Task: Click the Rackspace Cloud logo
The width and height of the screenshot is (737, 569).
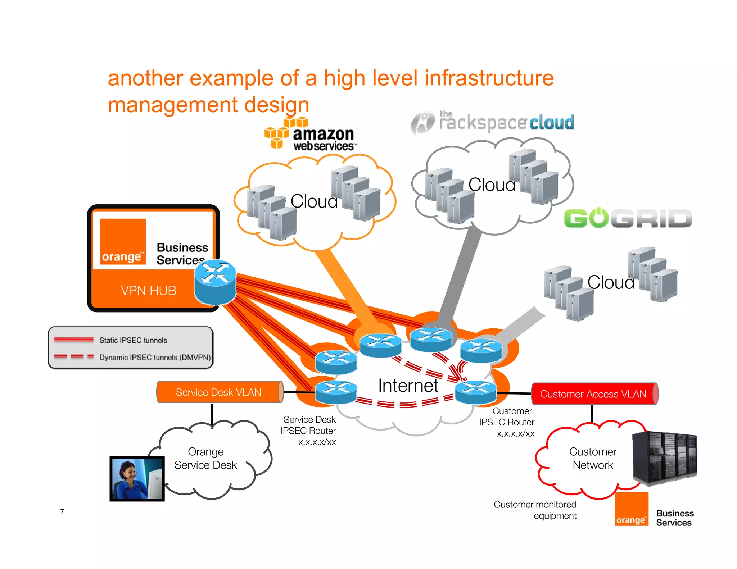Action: [x=492, y=122]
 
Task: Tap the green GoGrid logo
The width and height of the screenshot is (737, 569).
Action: [x=628, y=218]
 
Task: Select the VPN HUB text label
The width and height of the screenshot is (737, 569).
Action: [x=148, y=291]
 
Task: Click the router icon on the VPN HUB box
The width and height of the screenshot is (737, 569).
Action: [x=215, y=282]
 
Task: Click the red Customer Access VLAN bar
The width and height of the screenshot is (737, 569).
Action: [x=594, y=394]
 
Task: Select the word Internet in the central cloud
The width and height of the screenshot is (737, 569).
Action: [x=408, y=386]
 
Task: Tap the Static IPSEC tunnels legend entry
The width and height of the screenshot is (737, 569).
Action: [x=133, y=340]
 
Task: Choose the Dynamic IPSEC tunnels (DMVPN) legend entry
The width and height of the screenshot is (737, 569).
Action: [x=155, y=357]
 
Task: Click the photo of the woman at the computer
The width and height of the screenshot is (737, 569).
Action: [x=137, y=479]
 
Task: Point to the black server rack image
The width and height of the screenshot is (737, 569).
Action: [x=665, y=458]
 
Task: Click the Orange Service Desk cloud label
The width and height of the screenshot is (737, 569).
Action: [x=206, y=458]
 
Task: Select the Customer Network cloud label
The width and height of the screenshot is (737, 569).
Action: [x=593, y=458]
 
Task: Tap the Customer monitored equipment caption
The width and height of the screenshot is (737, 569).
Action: [x=535, y=510]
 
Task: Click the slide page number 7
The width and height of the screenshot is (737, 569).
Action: [x=62, y=511]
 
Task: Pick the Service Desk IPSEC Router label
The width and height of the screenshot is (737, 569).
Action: [x=309, y=431]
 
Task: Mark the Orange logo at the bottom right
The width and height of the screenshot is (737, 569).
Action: [x=632, y=509]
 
